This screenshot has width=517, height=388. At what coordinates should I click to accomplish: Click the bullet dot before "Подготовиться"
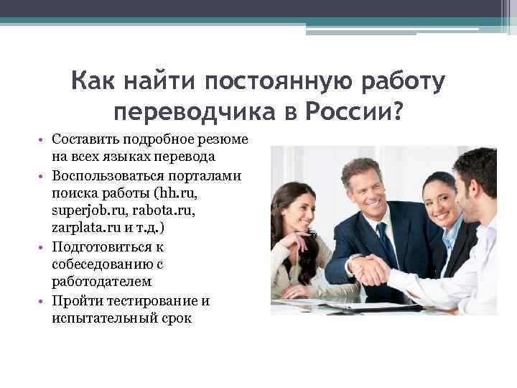[x=44, y=246]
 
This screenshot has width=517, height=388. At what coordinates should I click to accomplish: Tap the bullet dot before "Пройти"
[x=44, y=300]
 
